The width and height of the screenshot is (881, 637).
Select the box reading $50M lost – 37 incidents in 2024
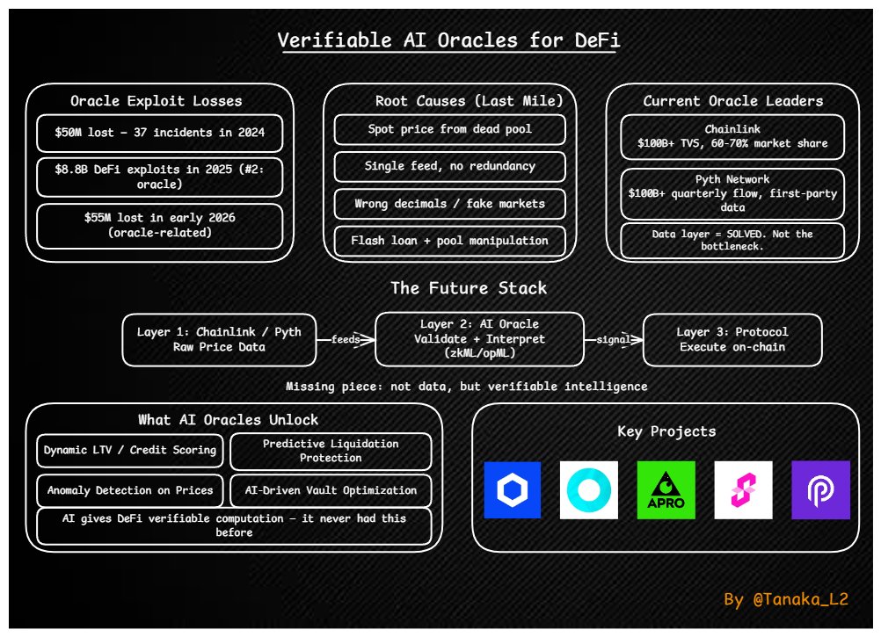159,134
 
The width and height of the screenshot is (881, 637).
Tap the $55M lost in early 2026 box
159,226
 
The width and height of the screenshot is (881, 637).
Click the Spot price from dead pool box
449,129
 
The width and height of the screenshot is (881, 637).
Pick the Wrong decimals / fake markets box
449,203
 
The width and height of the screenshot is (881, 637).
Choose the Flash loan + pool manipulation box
449,240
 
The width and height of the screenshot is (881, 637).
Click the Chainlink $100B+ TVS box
732,136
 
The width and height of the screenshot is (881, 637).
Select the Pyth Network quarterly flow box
732,193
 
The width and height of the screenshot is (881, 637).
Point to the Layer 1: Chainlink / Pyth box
219,339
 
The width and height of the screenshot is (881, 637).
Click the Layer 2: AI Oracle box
479,339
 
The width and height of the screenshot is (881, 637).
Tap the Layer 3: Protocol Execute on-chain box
732,339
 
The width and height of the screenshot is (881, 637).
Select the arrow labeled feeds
346,339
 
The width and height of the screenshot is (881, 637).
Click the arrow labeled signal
614,339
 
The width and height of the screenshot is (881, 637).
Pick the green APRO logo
666,490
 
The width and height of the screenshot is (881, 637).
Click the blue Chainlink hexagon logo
513,490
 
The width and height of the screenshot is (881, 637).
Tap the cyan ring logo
588,490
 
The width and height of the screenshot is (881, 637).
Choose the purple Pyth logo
820,490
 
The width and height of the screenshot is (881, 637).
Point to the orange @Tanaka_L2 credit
785,599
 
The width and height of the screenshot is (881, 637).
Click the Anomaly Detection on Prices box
130,490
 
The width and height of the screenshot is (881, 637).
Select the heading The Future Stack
469,288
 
